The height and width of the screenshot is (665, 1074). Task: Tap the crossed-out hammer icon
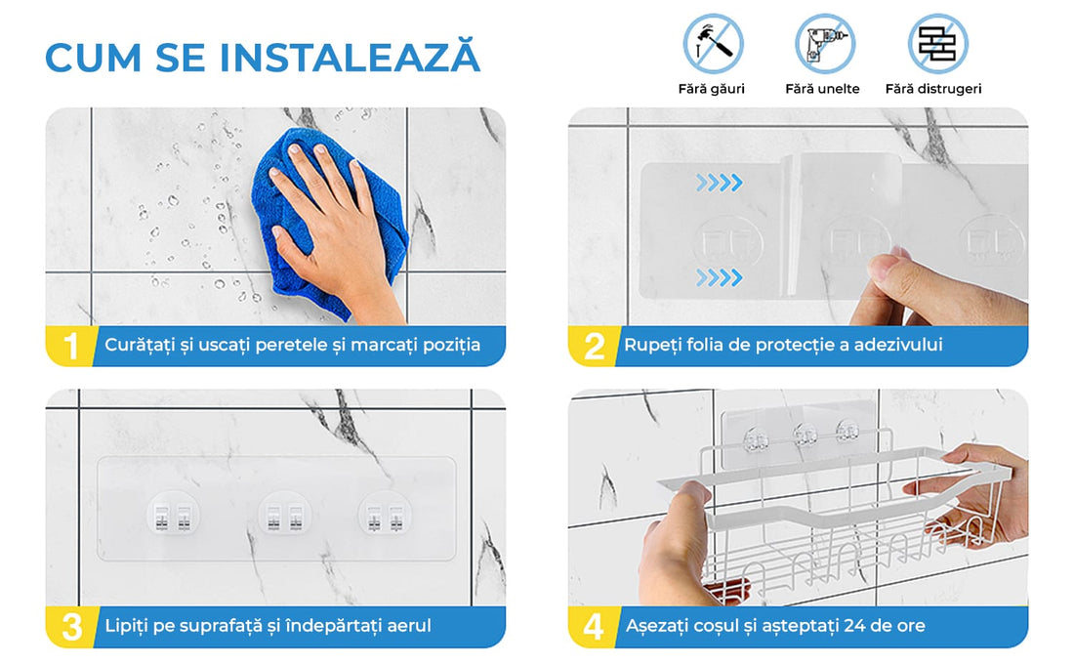[x=713, y=44]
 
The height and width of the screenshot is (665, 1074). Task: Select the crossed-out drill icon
[x=825, y=44]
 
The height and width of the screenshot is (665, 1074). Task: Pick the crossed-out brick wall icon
[x=937, y=44]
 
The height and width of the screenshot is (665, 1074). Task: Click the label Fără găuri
[x=711, y=88]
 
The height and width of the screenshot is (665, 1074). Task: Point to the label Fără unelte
[x=822, y=88]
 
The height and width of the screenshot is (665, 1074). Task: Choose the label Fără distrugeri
[x=932, y=88]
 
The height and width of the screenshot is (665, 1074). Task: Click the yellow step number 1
[x=70, y=346]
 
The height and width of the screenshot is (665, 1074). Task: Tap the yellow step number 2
[x=594, y=346]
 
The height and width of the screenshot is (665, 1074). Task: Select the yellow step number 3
[x=71, y=627]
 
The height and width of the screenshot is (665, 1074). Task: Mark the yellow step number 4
[x=594, y=627]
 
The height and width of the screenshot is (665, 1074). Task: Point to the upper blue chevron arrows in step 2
[x=720, y=183]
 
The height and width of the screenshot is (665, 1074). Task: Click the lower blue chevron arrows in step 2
[x=720, y=277]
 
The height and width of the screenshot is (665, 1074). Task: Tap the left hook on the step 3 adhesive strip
[x=173, y=514]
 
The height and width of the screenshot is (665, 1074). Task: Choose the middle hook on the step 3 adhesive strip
[x=284, y=514]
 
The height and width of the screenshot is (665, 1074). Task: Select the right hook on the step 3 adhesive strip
[x=385, y=514]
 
